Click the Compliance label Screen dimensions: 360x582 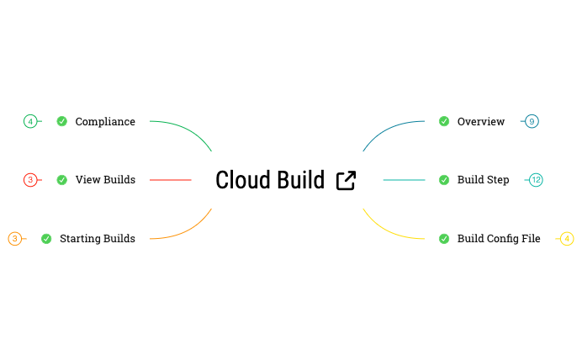[105, 121]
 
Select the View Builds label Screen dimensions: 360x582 [105, 179]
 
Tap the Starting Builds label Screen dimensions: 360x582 [98, 238]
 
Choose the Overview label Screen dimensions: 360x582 [481, 121]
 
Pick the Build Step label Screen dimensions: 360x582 [483, 179]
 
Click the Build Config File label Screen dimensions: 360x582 [499, 238]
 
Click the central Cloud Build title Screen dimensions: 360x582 [270, 180]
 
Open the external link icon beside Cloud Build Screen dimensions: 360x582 [346, 180]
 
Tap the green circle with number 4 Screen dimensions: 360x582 [30, 121]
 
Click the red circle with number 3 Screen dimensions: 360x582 [30, 179]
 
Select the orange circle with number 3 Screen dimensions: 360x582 [14, 239]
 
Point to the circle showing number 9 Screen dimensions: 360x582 [532, 121]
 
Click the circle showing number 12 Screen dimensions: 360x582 [536, 179]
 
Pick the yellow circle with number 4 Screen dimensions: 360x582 [568, 239]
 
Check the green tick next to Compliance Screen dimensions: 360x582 [61, 121]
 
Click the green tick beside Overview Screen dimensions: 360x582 [443, 121]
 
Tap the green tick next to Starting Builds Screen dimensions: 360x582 [46, 239]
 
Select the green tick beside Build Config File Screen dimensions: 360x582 [443, 239]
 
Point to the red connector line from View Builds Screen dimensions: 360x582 [171, 179]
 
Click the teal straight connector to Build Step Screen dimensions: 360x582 [404, 179]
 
